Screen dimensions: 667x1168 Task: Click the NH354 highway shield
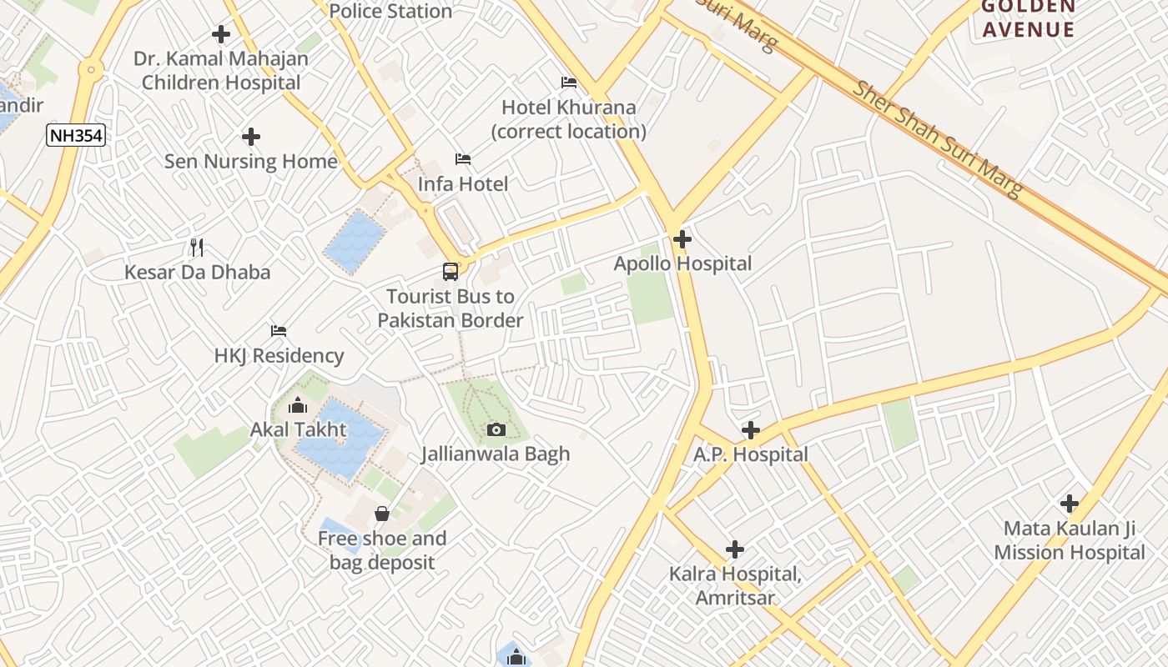click(x=77, y=135)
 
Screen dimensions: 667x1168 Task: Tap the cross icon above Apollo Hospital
click(x=682, y=240)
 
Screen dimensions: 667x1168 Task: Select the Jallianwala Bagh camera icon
click(x=496, y=429)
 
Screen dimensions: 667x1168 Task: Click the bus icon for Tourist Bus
click(x=451, y=271)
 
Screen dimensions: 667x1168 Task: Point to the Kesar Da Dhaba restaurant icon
click(x=197, y=247)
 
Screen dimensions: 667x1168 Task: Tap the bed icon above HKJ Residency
click(x=279, y=331)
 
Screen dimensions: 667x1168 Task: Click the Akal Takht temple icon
click(x=298, y=406)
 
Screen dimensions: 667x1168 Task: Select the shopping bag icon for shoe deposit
click(x=382, y=513)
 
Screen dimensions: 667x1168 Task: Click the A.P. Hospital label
click(x=751, y=454)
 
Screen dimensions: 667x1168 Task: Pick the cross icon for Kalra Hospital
click(x=735, y=549)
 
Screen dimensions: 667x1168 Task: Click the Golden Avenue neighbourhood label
click(x=1028, y=18)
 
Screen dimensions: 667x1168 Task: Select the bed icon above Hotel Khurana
click(x=569, y=83)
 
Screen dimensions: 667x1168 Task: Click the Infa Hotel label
click(x=463, y=183)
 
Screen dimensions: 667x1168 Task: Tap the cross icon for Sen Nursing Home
click(x=251, y=137)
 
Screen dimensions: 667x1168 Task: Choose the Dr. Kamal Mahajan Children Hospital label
click(x=221, y=71)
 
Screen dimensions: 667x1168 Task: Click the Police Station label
click(x=390, y=11)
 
